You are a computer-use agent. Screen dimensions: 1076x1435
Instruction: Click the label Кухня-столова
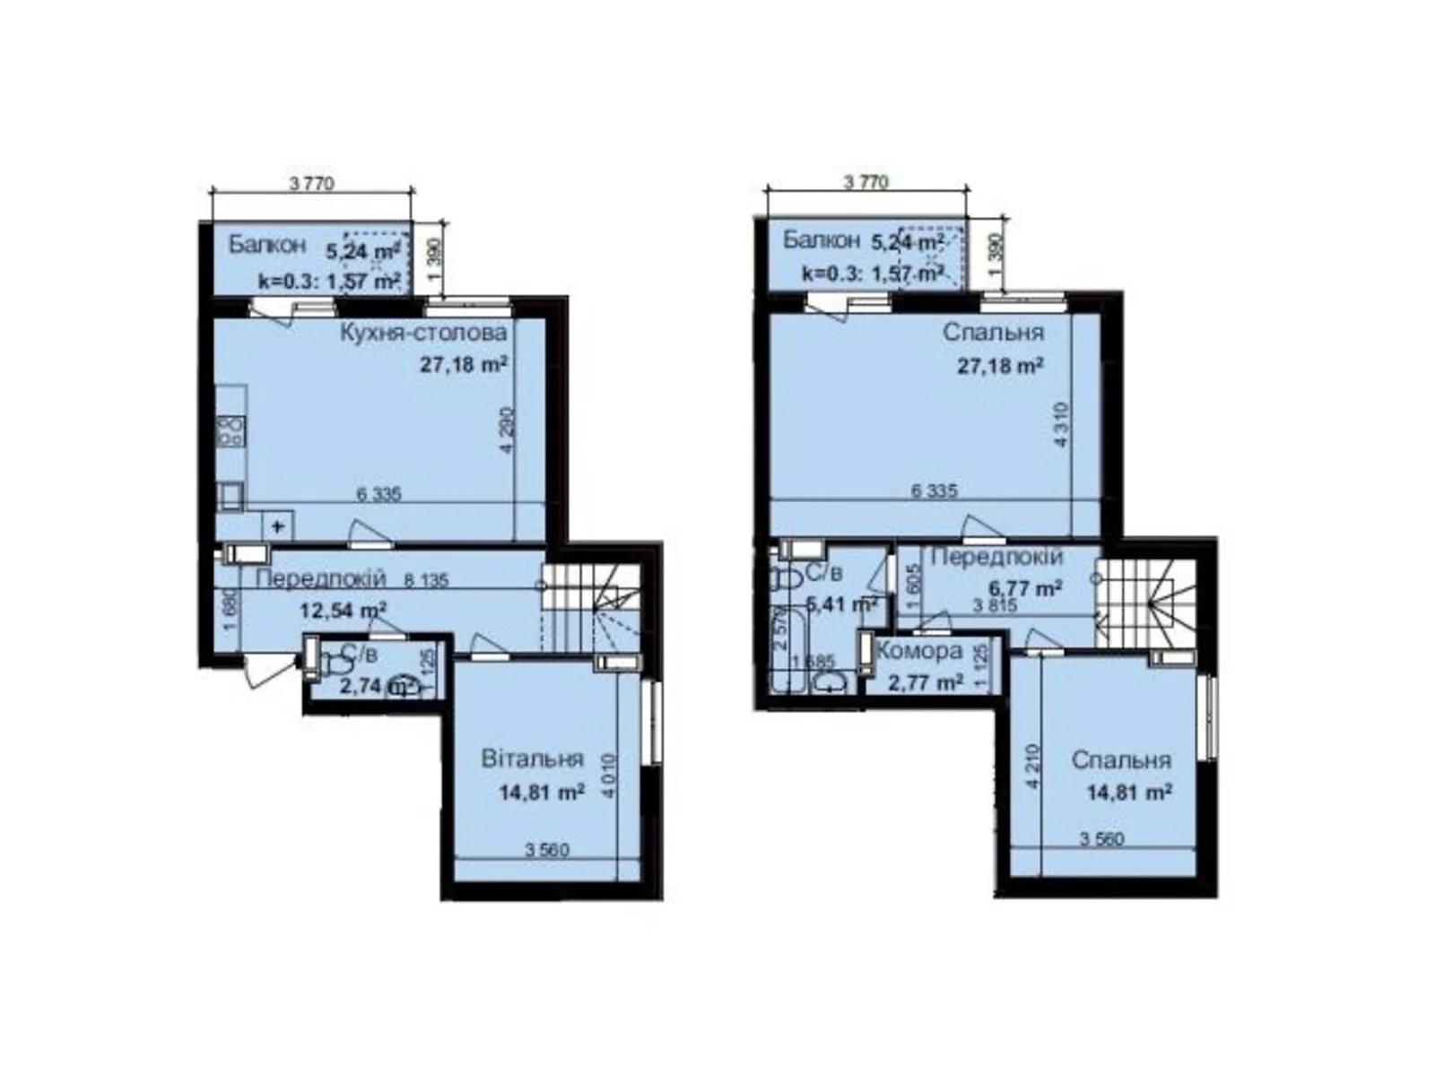(x=422, y=333)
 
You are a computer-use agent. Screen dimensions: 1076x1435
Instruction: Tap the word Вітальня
(x=532, y=759)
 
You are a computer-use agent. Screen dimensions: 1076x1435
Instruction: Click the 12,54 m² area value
(x=343, y=611)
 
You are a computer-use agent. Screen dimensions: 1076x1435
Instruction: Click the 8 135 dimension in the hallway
(x=426, y=580)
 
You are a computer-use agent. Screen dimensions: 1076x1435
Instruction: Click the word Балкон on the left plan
(x=266, y=244)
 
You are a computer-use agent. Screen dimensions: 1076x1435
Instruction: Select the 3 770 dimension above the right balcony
(x=865, y=182)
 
